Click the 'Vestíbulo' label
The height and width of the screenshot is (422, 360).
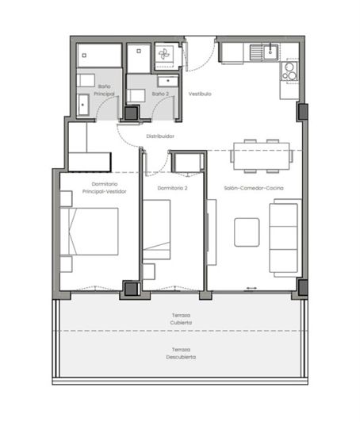[x=199, y=94]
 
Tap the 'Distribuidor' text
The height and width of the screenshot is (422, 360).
[x=159, y=136]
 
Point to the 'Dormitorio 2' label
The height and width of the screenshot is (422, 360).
[x=172, y=188]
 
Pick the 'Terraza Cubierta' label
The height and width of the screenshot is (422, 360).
[x=180, y=319]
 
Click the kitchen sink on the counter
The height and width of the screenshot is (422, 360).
[x=261, y=53]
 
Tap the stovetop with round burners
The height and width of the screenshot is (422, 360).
[x=290, y=71]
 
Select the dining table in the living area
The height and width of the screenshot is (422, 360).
[x=261, y=155]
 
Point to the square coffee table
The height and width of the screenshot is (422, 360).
[x=246, y=231]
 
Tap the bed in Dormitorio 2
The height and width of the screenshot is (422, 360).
[x=156, y=228]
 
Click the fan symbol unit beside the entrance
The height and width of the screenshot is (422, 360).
[x=166, y=55]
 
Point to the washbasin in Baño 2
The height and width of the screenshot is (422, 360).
[x=167, y=81]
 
